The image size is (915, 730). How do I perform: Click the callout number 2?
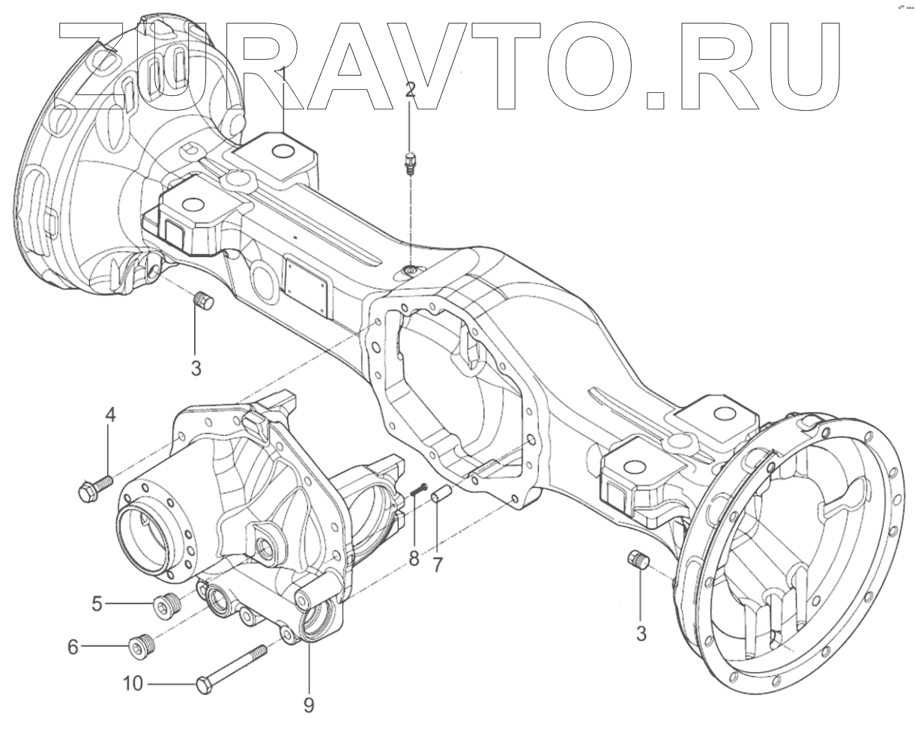click(410, 90)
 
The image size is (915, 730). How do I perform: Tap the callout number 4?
click(110, 414)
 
